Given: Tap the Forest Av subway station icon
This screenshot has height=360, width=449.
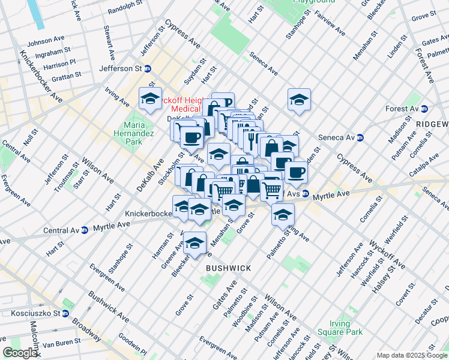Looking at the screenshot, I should click(x=424, y=109).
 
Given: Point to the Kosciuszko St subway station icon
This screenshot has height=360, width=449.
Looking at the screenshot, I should click(x=65, y=313).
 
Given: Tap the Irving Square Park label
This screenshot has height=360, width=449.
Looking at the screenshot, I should click(x=346, y=328).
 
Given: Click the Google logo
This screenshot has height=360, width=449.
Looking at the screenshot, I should click(x=20, y=352).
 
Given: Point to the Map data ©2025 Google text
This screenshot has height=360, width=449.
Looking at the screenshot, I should click(x=412, y=355).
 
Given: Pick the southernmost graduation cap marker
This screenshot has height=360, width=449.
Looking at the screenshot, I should click(x=194, y=242).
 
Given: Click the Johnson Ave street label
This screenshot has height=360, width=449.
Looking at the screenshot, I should click(x=46, y=42).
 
